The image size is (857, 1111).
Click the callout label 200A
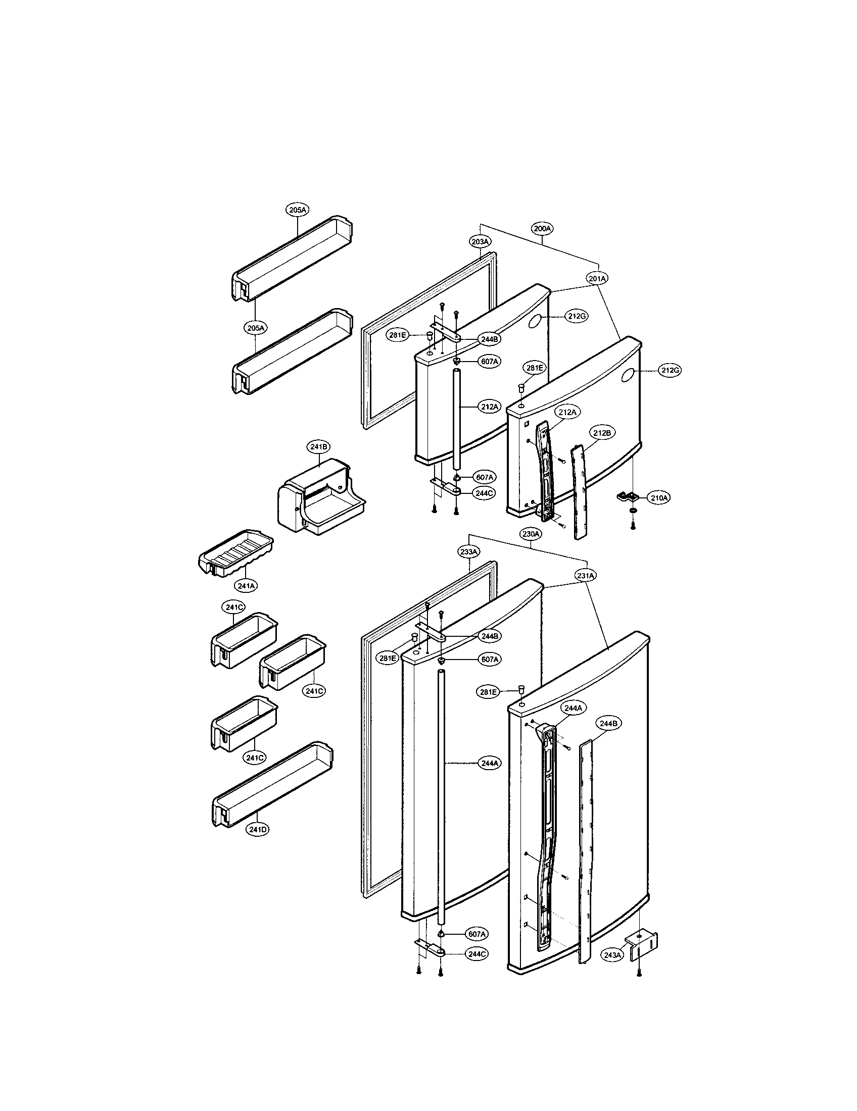542,228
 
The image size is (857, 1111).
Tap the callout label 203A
480,241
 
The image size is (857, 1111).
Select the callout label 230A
531,534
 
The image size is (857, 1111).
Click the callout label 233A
468,551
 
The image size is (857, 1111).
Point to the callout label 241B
318,446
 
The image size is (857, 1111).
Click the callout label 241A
246,585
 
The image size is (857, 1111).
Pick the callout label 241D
258,829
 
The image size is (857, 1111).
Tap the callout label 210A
658,498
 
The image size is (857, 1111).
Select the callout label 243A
612,955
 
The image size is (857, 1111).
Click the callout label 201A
597,279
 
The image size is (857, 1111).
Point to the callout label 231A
586,575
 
